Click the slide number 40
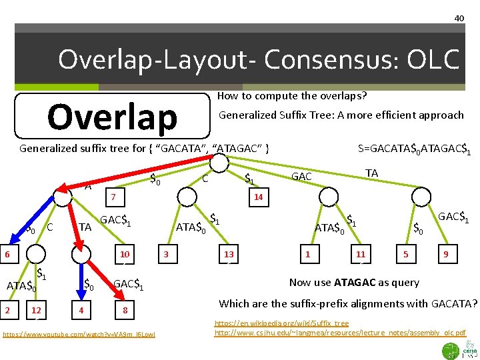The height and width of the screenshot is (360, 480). coord(459,18)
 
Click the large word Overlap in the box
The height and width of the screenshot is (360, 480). coord(112,117)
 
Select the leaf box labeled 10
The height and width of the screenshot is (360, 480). coord(125,254)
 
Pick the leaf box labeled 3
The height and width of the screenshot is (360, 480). coord(166,254)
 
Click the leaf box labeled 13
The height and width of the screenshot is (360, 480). coord(229,254)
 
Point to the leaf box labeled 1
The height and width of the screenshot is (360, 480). coord(307,254)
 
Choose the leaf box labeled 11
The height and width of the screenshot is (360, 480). coord(361,254)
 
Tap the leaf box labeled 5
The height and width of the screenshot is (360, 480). coord(405,254)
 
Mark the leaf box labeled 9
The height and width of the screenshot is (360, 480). coord(446,254)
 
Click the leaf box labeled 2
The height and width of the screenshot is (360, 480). coord(7,310)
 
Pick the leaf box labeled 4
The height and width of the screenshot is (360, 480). coord(81,310)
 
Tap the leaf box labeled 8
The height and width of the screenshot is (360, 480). coord(125,310)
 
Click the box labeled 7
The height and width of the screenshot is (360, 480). coord(114,197)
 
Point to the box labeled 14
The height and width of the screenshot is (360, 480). coord(258,197)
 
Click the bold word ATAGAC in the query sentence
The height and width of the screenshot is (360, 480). coord(358,283)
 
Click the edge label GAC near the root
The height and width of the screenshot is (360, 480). coord(302,177)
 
